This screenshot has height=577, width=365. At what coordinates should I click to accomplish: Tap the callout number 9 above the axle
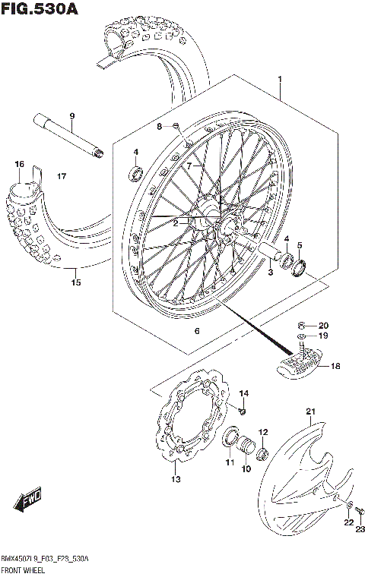pos(72,115)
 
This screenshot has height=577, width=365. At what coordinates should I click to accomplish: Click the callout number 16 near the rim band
pos(19,164)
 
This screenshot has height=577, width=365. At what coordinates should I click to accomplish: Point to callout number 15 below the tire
pos(75,283)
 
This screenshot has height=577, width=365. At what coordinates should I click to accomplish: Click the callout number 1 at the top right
pos(280,79)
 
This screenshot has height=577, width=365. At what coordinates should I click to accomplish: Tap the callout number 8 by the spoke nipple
pos(160,127)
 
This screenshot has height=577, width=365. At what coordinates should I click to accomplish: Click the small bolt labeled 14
pos(241,411)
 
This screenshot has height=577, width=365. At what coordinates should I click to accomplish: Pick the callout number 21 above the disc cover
pos(310,411)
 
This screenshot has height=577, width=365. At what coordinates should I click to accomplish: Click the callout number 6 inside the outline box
pos(196,331)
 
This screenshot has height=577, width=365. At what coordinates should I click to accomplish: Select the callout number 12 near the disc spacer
pos(264,433)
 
